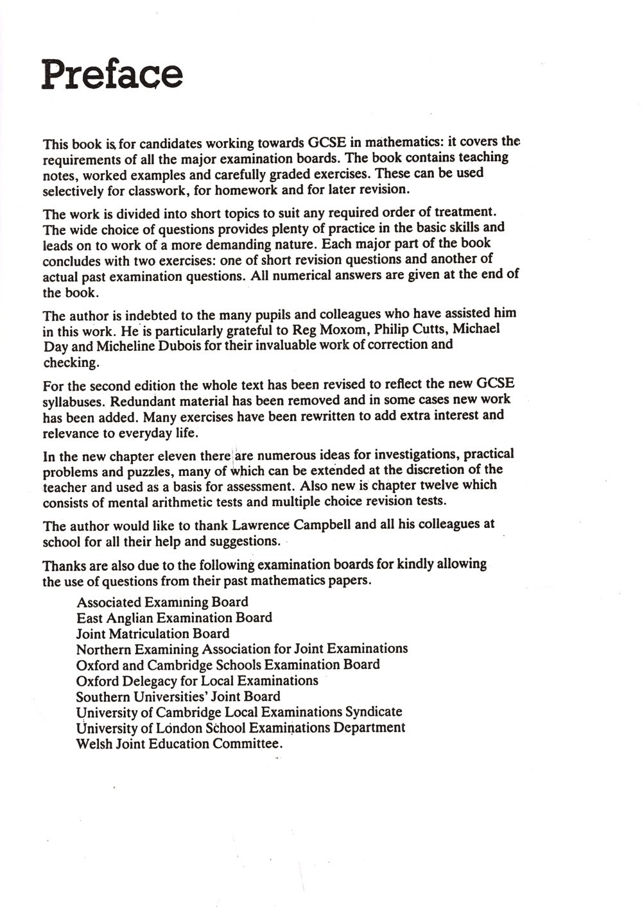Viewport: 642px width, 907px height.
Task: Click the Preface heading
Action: click(112, 74)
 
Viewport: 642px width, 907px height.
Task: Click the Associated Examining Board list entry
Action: click(162, 602)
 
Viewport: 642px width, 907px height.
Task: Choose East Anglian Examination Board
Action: click(174, 618)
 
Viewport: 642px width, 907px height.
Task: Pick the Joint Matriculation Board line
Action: click(152, 634)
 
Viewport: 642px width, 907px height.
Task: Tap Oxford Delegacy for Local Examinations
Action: click(196, 681)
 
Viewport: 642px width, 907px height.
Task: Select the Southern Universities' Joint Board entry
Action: click(178, 697)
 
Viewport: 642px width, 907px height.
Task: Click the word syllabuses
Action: click(73, 402)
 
